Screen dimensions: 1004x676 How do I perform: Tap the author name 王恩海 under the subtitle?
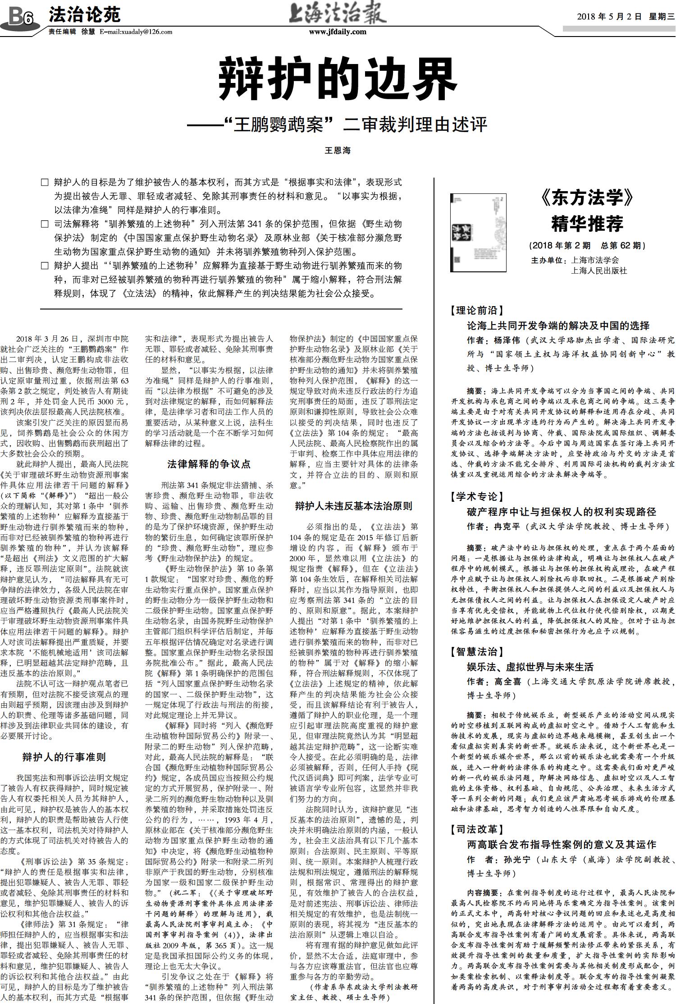(338, 151)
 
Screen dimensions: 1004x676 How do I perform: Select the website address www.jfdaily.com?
(338, 32)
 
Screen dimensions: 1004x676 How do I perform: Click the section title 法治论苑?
(85, 15)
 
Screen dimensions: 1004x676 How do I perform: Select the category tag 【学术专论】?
(476, 496)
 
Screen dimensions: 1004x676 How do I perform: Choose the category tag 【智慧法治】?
(476, 651)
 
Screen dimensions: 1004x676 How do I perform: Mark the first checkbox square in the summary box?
(44, 183)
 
